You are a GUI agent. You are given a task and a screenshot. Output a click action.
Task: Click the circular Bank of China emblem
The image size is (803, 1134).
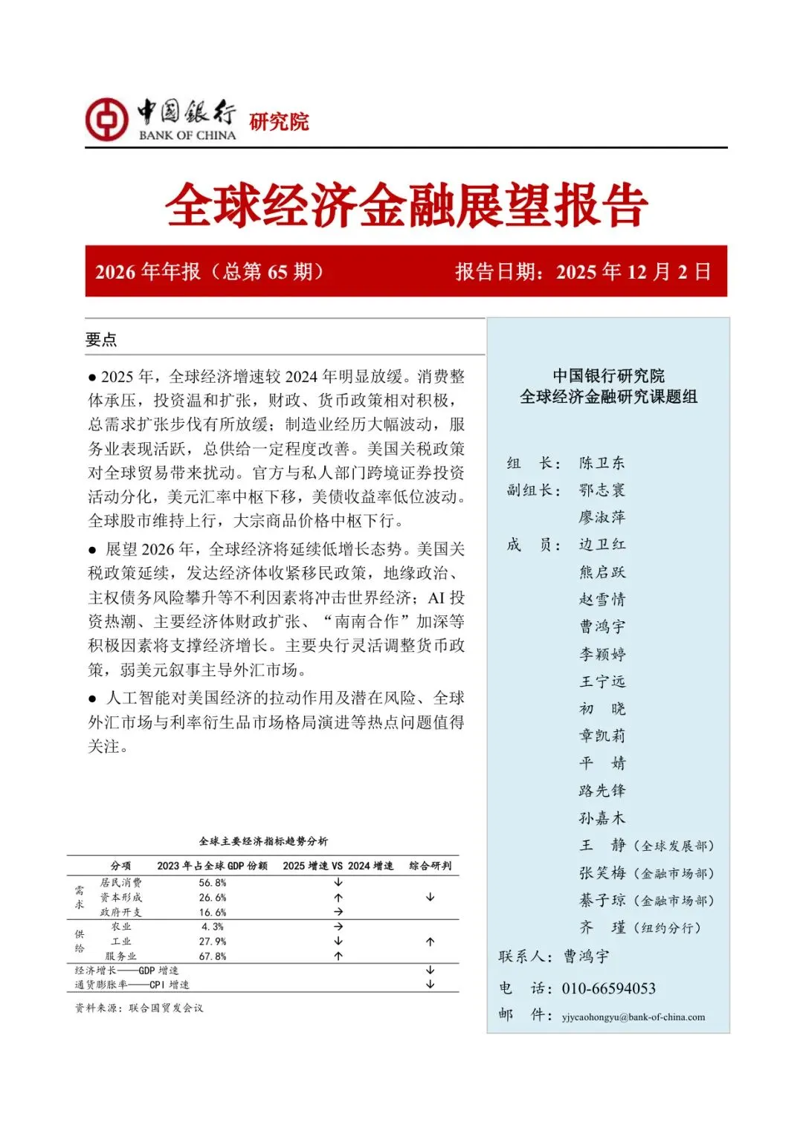click(106, 119)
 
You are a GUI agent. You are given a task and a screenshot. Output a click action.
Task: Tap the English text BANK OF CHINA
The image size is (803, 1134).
click(187, 135)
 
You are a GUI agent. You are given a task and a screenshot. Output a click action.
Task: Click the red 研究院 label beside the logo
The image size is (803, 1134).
click(279, 121)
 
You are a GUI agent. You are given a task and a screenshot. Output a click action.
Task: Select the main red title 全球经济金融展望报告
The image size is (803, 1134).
click(406, 205)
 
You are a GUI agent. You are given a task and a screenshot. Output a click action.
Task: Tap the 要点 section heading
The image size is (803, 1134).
click(101, 340)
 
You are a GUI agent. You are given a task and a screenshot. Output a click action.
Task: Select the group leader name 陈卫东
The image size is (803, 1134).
click(602, 463)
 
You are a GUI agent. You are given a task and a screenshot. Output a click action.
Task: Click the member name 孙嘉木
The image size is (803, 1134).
click(602, 818)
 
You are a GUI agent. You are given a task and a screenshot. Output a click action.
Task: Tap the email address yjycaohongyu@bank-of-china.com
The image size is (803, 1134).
click(633, 1017)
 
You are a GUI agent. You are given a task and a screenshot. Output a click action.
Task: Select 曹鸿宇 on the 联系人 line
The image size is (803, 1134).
click(586, 956)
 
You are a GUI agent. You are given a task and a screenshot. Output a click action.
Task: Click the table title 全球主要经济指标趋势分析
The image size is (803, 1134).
click(263, 841)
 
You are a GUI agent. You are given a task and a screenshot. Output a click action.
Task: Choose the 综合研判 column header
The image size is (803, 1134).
click(430, 866)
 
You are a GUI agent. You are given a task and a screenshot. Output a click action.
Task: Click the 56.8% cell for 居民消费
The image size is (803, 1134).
click(212, 883)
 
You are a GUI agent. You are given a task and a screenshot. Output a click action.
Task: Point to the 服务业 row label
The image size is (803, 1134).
click(120, 956)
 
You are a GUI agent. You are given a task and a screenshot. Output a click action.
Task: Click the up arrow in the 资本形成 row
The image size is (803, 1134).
click(338, 898)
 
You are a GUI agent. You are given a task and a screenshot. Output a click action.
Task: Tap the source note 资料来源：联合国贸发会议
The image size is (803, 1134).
click(139, 1008)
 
